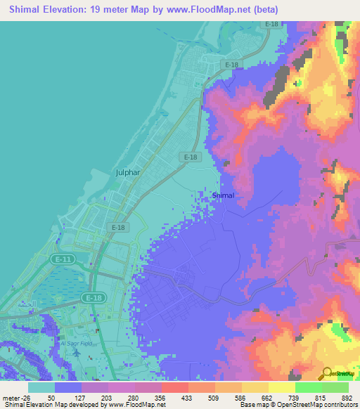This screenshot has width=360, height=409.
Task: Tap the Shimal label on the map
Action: point(223,196)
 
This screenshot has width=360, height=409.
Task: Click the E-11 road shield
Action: point(63,259)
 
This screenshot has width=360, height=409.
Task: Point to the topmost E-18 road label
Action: point(271,25)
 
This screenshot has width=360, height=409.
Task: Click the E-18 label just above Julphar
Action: point(188,158)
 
